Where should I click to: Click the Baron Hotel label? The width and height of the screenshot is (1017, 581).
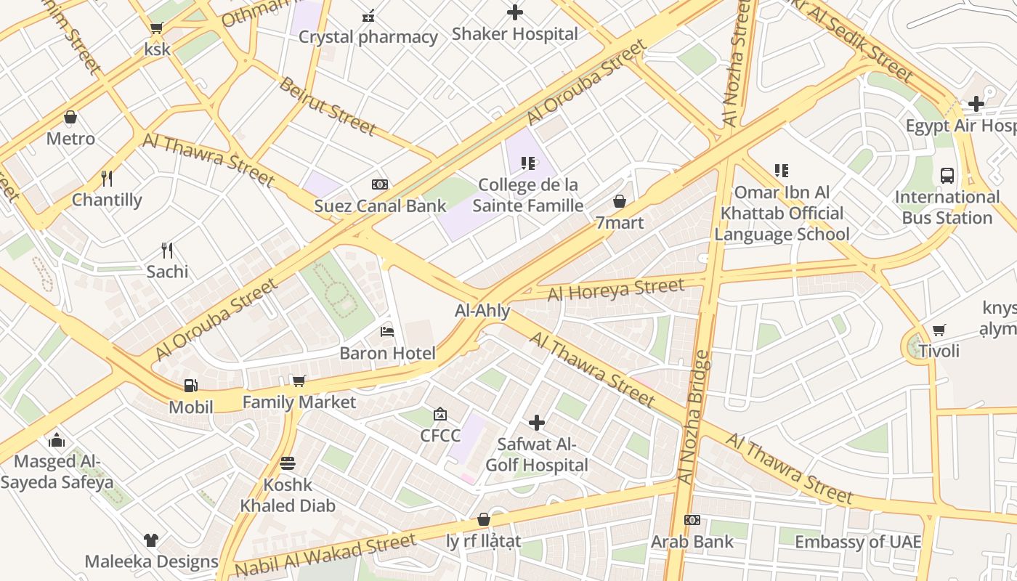(x=387, y=354)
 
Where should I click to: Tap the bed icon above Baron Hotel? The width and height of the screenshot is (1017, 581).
(x=387, y=332)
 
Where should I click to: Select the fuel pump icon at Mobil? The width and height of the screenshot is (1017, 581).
(x=190, y=386)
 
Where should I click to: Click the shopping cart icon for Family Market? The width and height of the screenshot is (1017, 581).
(x=299, y=381)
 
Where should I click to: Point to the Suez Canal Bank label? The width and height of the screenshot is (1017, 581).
(x=380, y=206)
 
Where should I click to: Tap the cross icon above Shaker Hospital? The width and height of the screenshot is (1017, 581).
(x=515, y=12)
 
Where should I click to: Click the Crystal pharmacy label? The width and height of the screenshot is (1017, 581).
(x=368, y=37)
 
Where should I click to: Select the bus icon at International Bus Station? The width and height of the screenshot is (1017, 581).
(x=947, y=175)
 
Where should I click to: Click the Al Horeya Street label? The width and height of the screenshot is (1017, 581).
(x=615, y=289)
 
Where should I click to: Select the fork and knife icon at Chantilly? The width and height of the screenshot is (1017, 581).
(x=107, y=178)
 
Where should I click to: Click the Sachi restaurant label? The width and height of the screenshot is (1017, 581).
(x=167, y=272)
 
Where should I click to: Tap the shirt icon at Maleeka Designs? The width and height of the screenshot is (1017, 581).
(x=150, y=540)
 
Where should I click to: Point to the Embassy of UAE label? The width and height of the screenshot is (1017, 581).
(x=857, y=542)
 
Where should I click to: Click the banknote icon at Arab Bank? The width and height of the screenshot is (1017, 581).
(x=692, y=520)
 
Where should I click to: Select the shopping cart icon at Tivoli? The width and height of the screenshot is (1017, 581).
(x=939, y=330)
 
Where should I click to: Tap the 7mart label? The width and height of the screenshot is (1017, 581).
(x=620, y=223)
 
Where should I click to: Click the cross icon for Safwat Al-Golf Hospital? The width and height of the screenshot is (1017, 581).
(x=537, y=422)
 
